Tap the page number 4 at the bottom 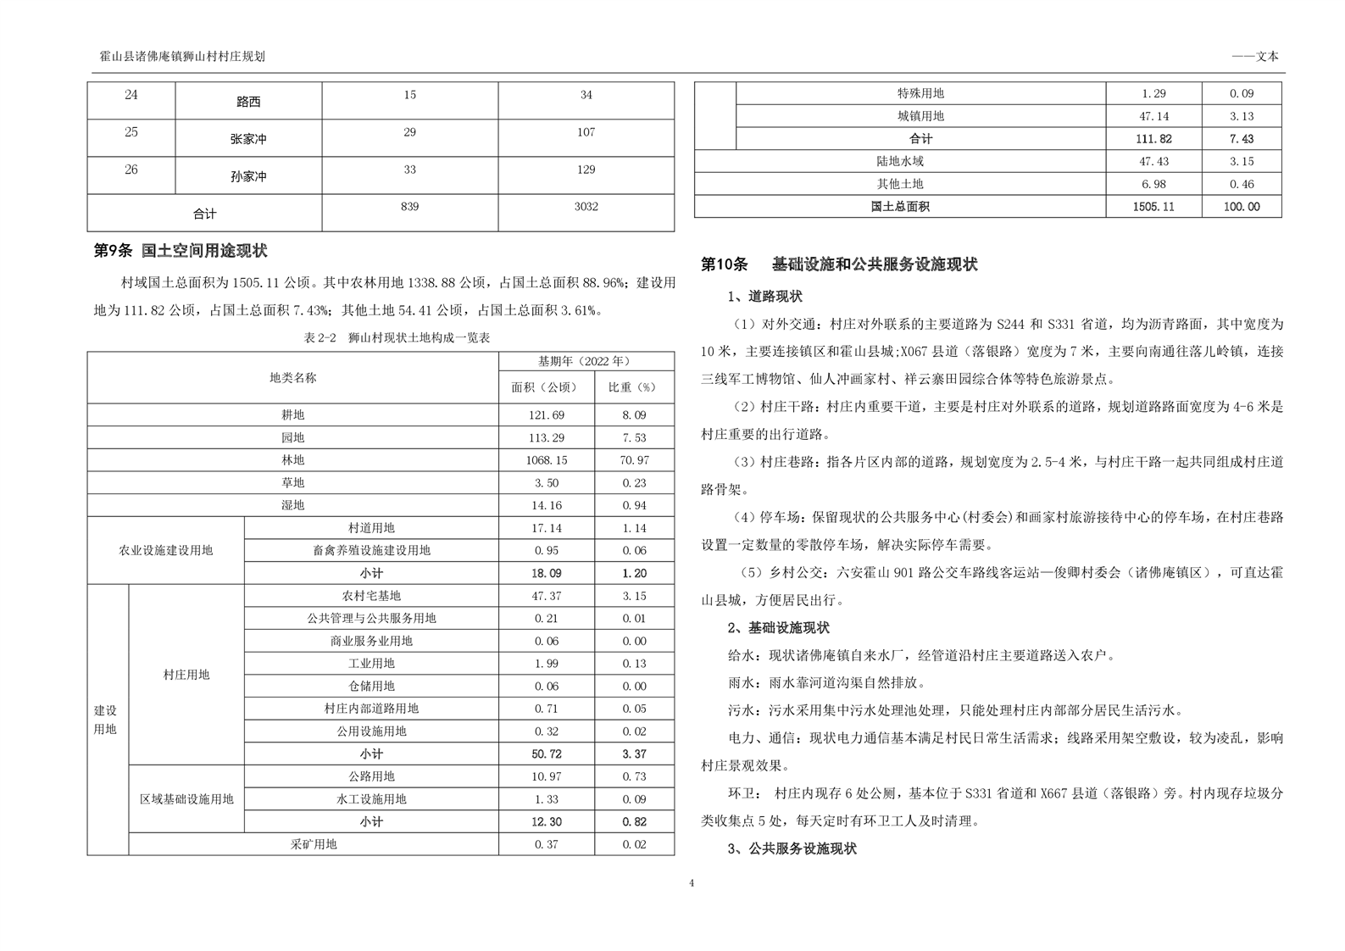692,883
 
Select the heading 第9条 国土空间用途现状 181,251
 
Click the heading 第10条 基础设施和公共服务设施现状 839,264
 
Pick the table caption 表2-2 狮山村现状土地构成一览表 397,337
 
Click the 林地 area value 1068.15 547,460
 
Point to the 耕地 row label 292,415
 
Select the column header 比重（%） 634,387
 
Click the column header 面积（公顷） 547,387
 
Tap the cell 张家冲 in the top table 248,139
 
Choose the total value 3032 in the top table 586,207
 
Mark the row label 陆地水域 900,161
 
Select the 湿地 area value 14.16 547,505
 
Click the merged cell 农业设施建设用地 166,550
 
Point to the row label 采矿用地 314,844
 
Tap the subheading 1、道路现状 764,297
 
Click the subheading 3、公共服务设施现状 792,848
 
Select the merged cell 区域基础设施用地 186,799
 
